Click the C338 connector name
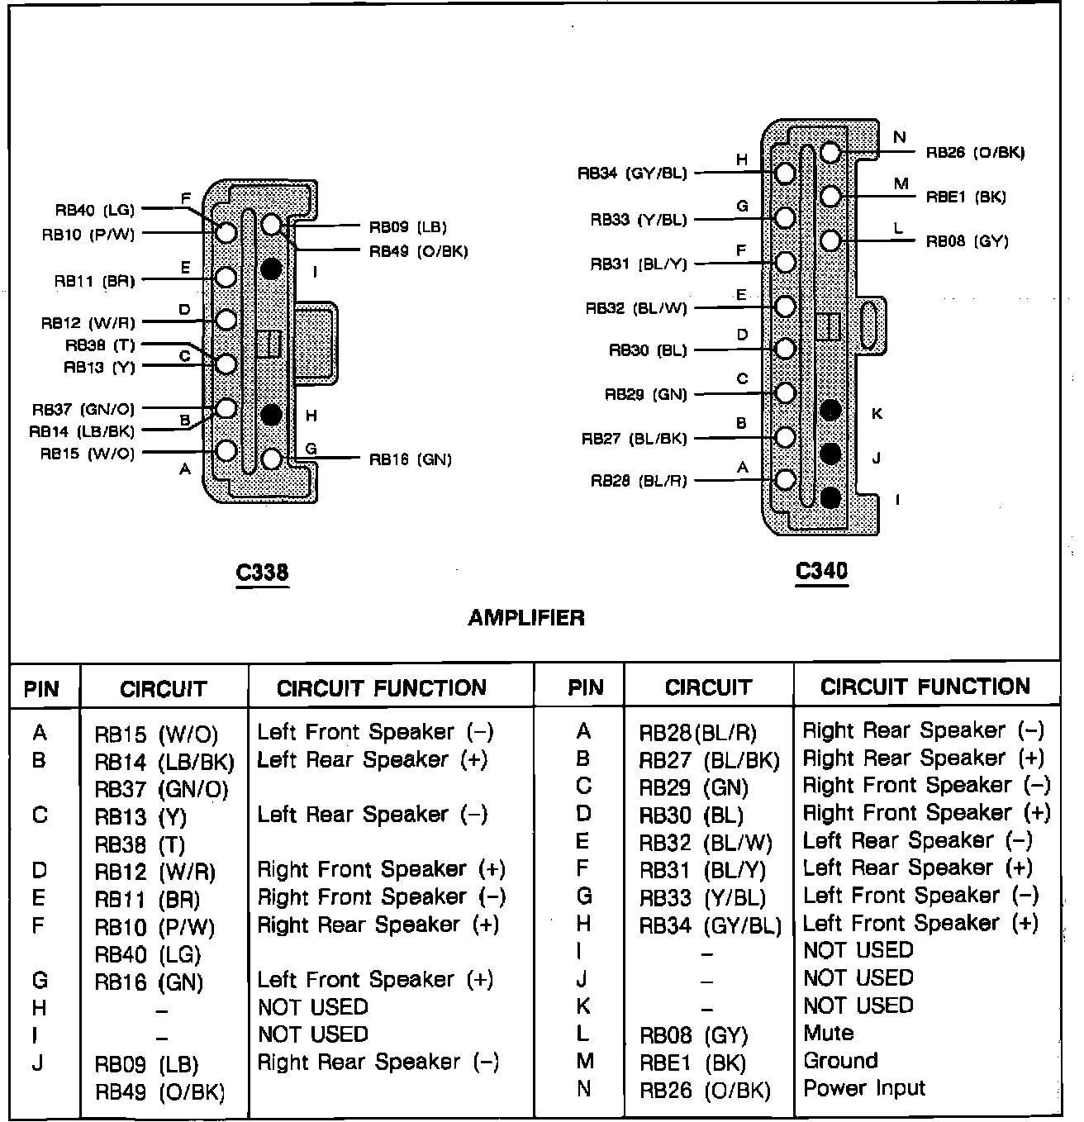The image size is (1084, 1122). pyautogui.click(x=263, y=572)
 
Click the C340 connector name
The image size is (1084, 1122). pyautogui.click(x=821, y=571)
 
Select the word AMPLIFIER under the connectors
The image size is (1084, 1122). pyautogui.click(x=526, y=617)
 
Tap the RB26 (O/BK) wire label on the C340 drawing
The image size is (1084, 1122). pyautogui.click(x=975, y=153)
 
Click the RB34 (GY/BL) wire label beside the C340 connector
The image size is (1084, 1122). pyautogui.click(x=632, y=174)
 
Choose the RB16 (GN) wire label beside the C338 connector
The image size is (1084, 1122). pyautogui.click(x=410, y=459)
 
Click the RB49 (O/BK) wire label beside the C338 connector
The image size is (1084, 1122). pyautogui.click(x=418, y=251)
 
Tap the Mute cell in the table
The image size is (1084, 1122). pyautogui.click(x=829, y=1034)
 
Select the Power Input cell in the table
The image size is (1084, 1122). pyautogui.click(x=864, y=1088)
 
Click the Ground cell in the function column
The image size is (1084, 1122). pyautogui.click(x=841, y=1061)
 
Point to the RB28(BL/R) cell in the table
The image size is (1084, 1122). pyautogui.click(x=698, y=733)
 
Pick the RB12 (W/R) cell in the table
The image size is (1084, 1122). pyautogui.click(x=155, y=872)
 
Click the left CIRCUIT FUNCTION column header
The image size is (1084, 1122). pyautogui.click(x=382, y=688)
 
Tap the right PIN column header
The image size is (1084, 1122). pyautogui.click(x=586, y=687)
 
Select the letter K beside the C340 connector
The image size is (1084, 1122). pyautogui.click(x=877, y=413)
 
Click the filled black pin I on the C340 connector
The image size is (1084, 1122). pyautogui.click(x=830, y=497)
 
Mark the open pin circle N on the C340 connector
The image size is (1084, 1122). pyautogui.click(x=830, y=152)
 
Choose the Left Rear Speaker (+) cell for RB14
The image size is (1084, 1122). pyautogui.click(x=373, y=760)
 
